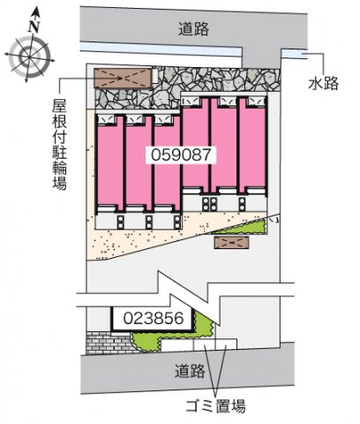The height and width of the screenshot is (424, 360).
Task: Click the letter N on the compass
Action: tap(34, 26)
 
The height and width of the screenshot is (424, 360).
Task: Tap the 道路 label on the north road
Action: tap(193, 29)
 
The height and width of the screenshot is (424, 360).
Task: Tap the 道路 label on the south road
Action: tap(190, 371)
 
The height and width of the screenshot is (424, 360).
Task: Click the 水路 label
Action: tap(324, 83)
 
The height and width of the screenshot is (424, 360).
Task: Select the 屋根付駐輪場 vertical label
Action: tap(60, 144)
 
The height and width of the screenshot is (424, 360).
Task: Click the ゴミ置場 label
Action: tap(215, 406)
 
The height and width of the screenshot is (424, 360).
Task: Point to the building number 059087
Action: tap(181, 155)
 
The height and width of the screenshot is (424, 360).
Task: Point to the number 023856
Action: tap(154, 318)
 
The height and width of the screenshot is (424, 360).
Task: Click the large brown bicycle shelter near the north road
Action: tap(123, 78)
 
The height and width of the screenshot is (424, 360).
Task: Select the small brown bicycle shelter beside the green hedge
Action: tap(231, 242)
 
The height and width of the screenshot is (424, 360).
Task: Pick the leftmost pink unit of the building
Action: tap(109, 163)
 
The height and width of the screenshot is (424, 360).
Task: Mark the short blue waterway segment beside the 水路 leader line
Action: tap(294, 54)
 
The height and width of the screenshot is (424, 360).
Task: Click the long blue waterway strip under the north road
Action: tap(161, 49)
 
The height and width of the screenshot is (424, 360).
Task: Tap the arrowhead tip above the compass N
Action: tap(36, 8)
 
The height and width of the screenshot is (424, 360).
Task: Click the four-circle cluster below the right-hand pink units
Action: tap(209, 204)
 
